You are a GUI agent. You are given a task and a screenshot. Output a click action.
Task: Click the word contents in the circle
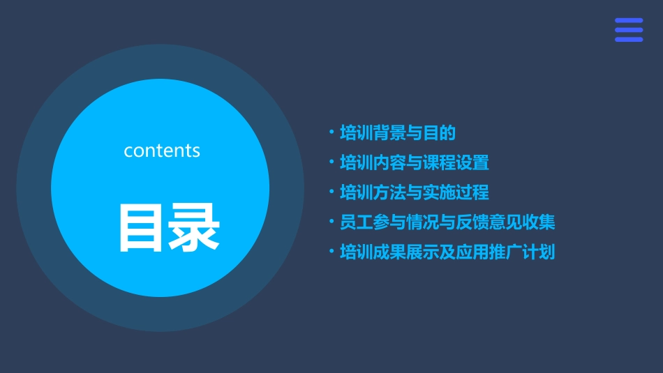(x=162, y=151)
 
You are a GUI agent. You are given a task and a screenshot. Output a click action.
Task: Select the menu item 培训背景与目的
(x=397, y=132)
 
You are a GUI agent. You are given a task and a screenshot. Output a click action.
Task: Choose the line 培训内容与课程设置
(x=414, y=162)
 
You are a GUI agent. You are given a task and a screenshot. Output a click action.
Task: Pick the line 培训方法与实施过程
(x=414, y=192)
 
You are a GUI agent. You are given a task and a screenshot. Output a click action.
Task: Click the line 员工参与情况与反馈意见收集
(x=447, y=222)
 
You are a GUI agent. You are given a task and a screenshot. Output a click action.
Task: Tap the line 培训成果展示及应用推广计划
(x=447, y=252)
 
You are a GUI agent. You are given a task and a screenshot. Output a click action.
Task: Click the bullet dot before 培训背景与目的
(x=331, y=132)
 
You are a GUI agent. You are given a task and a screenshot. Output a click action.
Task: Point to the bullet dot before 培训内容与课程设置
(x=331, y=162)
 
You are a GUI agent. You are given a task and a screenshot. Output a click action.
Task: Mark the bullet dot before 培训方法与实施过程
(x=331, y=192)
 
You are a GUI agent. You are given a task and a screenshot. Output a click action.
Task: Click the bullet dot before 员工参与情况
(x=331, y=222)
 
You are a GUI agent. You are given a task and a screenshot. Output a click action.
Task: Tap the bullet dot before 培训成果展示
(x=331, y=251)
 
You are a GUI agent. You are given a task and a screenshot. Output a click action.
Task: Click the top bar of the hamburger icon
(x=629, y=20)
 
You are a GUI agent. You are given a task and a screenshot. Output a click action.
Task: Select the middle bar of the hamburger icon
(x=629, y=30)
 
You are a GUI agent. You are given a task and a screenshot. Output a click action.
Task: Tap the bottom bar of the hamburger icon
(x=629, y=40)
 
